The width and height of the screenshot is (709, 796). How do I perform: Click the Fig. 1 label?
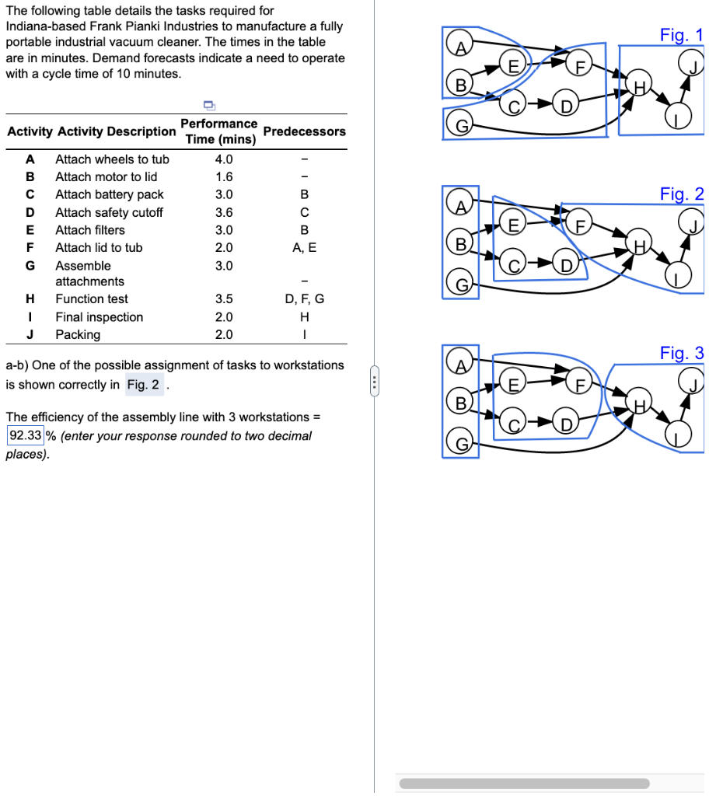click(681, 35)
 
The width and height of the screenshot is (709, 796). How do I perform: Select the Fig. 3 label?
click(681, 354)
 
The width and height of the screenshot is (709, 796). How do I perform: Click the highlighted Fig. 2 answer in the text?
click(143, 385)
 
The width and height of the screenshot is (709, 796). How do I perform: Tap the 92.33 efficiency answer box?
click(25, 435)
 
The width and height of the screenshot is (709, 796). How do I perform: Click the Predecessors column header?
click(304, 131)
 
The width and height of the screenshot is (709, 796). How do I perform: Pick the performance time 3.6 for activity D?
click(223, 212)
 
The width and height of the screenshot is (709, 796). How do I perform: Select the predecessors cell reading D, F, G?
click(304, 298)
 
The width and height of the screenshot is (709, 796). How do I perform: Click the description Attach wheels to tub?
click(112, 159)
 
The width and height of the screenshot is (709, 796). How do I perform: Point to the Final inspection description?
click(99, 317)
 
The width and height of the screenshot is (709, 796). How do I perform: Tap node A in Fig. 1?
click(460, 47)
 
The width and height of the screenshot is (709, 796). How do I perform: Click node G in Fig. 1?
click(460, 124)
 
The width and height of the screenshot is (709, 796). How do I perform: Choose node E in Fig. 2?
click(512, 225)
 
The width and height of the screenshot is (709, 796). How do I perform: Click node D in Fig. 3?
click(566, 424)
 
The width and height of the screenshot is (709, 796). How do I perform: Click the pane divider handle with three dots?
click(374, 382)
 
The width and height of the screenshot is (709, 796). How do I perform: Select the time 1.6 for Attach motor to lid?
click(223, 176)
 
